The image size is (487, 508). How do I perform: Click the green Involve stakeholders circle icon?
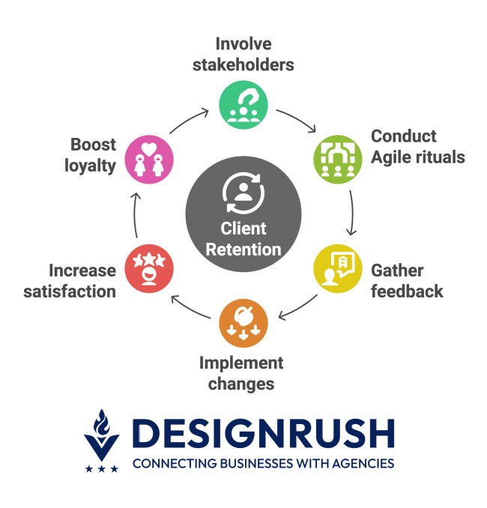coord(243,104)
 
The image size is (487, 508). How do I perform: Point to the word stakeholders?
coord(243,64)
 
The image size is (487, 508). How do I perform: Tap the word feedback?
coord(408,291)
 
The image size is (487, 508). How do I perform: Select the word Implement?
coord(241,363)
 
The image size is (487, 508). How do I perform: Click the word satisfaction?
coord(70,291)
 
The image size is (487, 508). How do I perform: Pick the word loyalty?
coord(90,166)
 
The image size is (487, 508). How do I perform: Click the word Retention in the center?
coord(243,250)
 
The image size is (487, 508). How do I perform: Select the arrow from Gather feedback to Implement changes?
coord(297,306)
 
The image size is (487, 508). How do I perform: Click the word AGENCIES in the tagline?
coord(360,464)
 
